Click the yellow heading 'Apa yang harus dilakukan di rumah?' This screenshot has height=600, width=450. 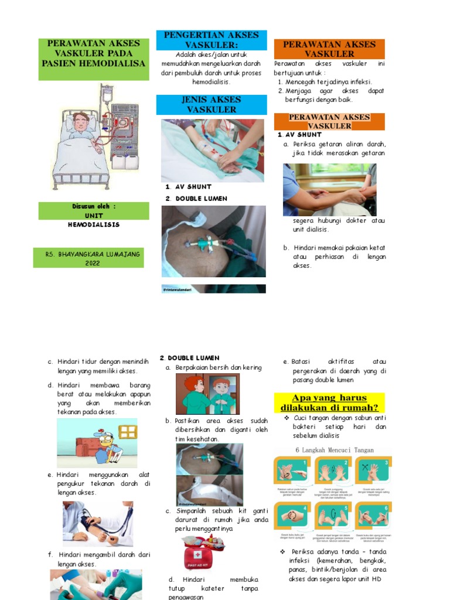click(x=329, y=403)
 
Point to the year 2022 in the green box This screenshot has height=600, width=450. click(x=93, y=263)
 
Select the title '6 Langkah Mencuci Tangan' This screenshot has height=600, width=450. click(x=335, y=450)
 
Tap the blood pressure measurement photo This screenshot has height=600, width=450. click(x=98, y=523)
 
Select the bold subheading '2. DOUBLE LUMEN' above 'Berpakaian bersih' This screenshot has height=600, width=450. click(x=190, y=357)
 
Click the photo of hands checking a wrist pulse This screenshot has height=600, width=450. click(x=329, y=189)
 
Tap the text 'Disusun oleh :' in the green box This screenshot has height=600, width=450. click(x=94, y=207)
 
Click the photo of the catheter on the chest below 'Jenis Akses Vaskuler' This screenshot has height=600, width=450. click(x=213, y=241)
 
